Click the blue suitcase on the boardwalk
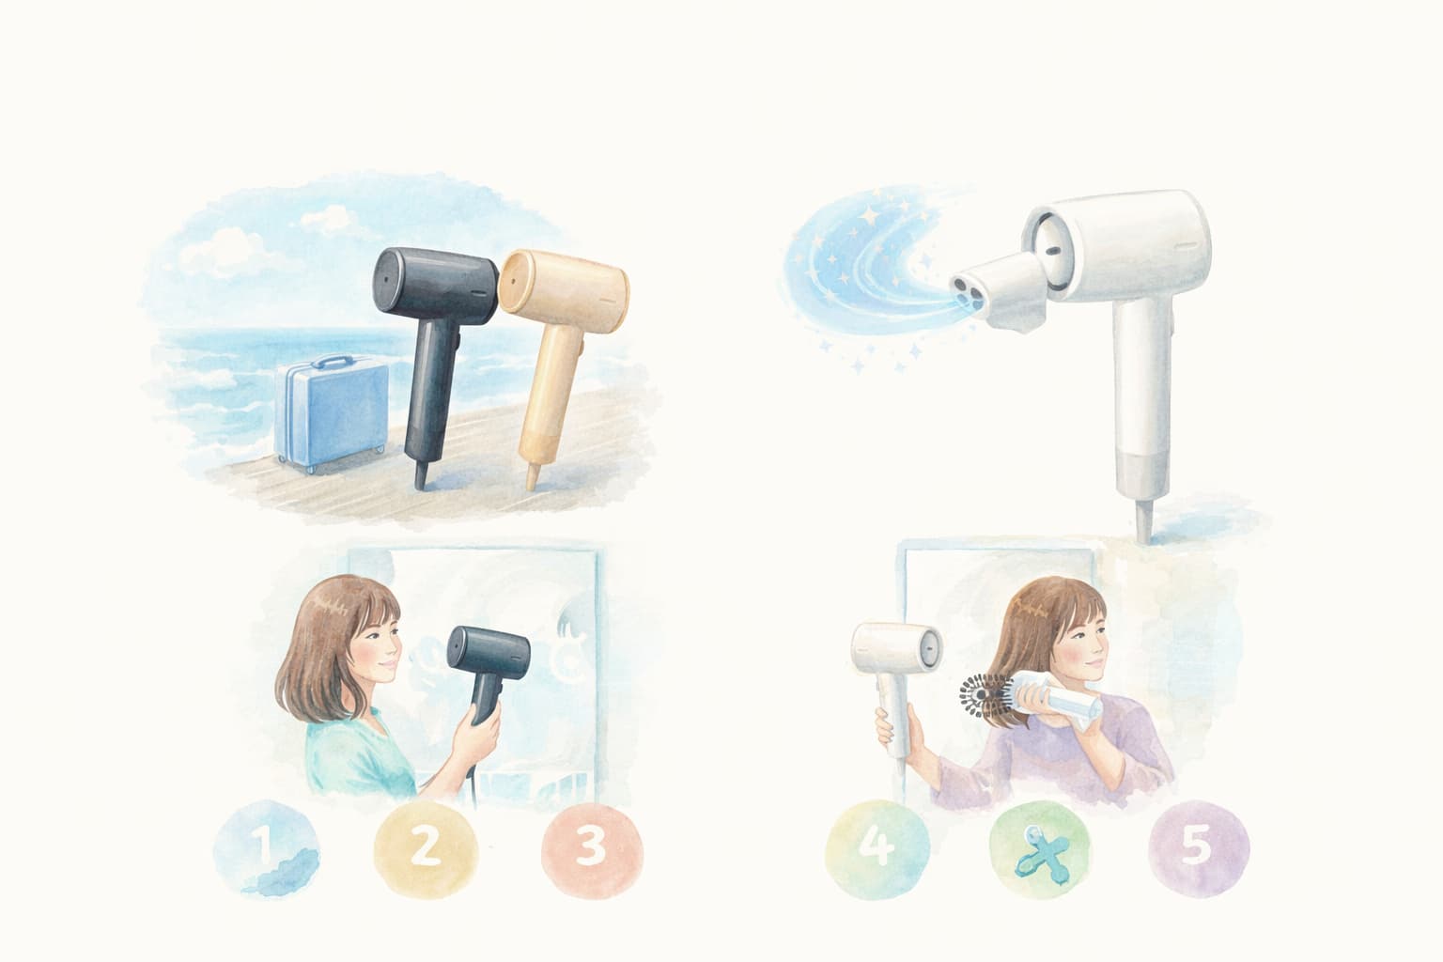pos(331,412)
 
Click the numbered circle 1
pos(266,848)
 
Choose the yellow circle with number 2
pos(426,848)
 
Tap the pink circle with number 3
pos(592,849)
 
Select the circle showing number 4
pos(877,848)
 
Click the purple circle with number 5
pos(1199,848)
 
